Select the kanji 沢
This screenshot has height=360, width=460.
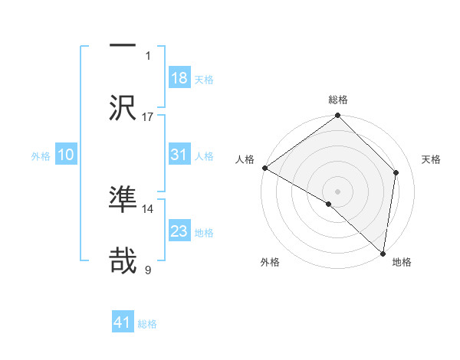pyautogui.click(x=123, y=106)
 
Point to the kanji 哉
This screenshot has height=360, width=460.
pyautogui.click(x=123, y=260)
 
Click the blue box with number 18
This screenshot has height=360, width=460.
pyautogui.click(x=179, y=78)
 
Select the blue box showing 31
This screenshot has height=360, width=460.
pyautogui.click(x=179, y=155)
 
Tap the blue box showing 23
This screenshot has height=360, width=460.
pyautogui.click(x=179, y=231)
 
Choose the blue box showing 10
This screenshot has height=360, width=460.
pyautogui.click(x=66, y=155)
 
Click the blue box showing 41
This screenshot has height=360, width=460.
pyautogui.click(x=123, y=322)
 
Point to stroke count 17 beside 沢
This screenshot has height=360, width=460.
pyautogui.click(x=148, y=116)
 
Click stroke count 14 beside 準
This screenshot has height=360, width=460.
pyautogui.click(x=148, y=208)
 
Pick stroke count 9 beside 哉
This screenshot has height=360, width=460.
pyautogui.click(x=148, y=270)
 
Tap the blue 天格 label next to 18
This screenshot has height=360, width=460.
pyautogui.click(x=204, y=79)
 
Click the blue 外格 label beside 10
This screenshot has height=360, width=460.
pyautogui.click(x=41, y=155)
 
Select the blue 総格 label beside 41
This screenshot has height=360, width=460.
pyautogui.click(x=147, y=323)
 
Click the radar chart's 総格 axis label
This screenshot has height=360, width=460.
pyautogui.click(x=338, y=100)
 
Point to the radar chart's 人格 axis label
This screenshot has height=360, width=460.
pyautogui.click(x=245, y=159)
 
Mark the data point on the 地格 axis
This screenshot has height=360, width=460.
pyautogui.click(x=383, y=253)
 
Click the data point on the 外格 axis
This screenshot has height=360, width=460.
pyautogui.click(x=329, y=204)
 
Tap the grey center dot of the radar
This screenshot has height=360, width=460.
pyautogui.click(x=338, y=191)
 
